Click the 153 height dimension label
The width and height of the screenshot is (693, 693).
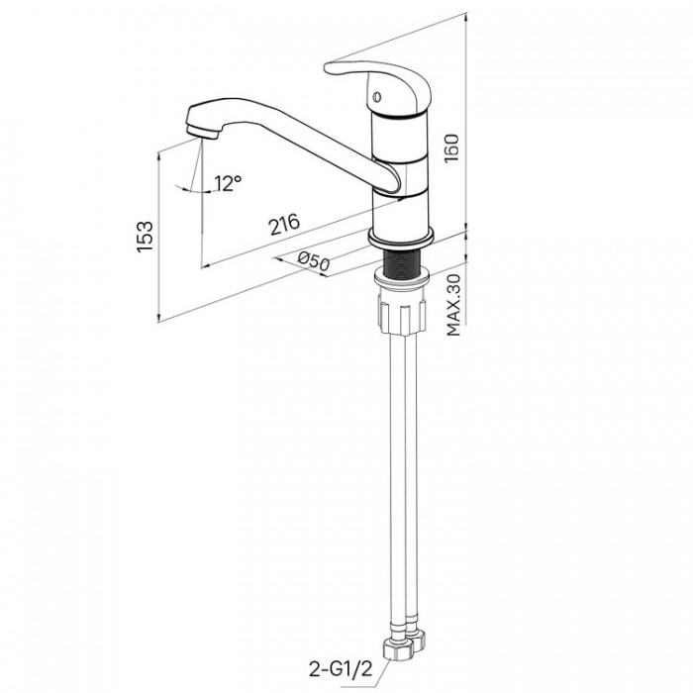[x=145, y=237]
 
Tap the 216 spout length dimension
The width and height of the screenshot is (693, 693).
[x=285, y=225]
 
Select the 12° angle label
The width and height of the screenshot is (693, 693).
[x=229, y=183]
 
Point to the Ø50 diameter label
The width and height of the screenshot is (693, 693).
[x=314, y=261]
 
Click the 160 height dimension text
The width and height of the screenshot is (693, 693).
[x=452, y=148]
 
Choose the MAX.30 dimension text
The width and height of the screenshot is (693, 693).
[x=453, y=305]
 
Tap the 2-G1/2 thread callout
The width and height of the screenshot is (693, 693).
[x=341, y=669]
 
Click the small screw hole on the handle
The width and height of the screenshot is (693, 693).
[x=377, y=96]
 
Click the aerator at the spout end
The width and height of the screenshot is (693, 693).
[x=202, y=132]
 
